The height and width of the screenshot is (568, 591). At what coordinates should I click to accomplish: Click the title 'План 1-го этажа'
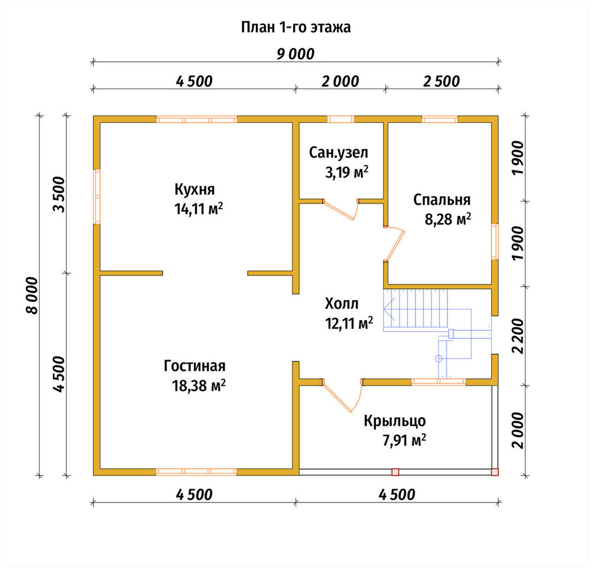tap(296, 28)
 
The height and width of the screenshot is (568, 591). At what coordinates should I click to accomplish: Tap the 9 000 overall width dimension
tap(295, 54)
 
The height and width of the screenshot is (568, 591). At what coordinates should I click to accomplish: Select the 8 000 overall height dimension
tap(33, 296)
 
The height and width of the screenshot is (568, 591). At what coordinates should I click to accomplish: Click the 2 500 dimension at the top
tap(441, 81)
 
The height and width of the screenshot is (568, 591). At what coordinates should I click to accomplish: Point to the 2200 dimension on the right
tap(518, 336)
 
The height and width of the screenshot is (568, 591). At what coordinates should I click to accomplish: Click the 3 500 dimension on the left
tap(60, 194)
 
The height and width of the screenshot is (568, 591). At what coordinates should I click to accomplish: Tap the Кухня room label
tap(194, 189)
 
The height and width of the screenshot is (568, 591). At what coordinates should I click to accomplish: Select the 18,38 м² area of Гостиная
tap(199, 386)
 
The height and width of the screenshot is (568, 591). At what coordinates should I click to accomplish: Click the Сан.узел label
tap(339, 152)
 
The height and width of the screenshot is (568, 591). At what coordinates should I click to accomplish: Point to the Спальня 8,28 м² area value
tap(448, 219)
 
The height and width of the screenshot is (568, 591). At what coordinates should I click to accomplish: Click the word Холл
tap(342, 303)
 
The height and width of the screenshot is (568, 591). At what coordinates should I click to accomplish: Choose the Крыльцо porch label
tap(395, 421)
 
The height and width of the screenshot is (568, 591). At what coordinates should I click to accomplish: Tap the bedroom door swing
tap(394, 243)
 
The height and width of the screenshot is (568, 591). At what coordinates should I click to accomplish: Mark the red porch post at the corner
tap(495, 472)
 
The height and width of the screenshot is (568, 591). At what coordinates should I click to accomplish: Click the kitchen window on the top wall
tap(197, 119)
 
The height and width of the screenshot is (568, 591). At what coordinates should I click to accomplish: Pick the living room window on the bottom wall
tap(196, 472)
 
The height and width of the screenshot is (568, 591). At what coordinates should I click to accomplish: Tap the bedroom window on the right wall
tap(495, 241)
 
